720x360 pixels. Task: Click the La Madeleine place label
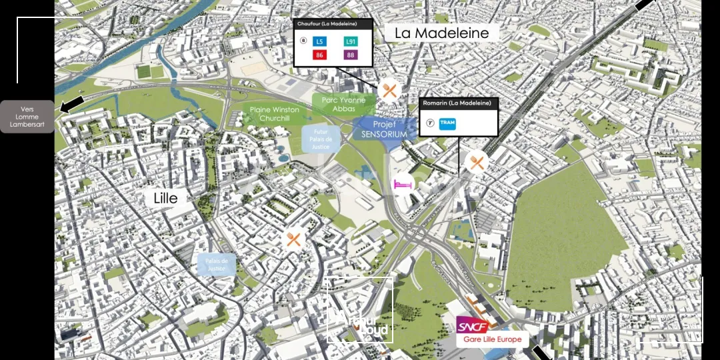pos(441,33)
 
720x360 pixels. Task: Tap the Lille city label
pos(165,198)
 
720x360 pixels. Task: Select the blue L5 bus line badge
pos(320,41)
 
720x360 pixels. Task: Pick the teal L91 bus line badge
pos(350,41)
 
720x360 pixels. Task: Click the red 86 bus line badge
pos(320,55)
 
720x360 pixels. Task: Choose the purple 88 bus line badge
pos(350,55)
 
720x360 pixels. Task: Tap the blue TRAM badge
pos(448,123)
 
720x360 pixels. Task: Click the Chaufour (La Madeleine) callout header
pos(333,24)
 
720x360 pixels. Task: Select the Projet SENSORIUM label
pos(384,129)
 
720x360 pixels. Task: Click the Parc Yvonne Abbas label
pos(343,104)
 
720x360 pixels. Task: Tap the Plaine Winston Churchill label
pos(275,114)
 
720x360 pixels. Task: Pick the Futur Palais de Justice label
pos(321,139)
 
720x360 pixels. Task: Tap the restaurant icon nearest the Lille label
pos(294,239)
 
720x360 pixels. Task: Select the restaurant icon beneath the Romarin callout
pos(476,162)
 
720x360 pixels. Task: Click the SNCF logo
pos(472,326)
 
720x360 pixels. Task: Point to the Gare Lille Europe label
pos(492,339)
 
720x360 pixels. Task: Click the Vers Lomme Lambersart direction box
pos(27,117)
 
